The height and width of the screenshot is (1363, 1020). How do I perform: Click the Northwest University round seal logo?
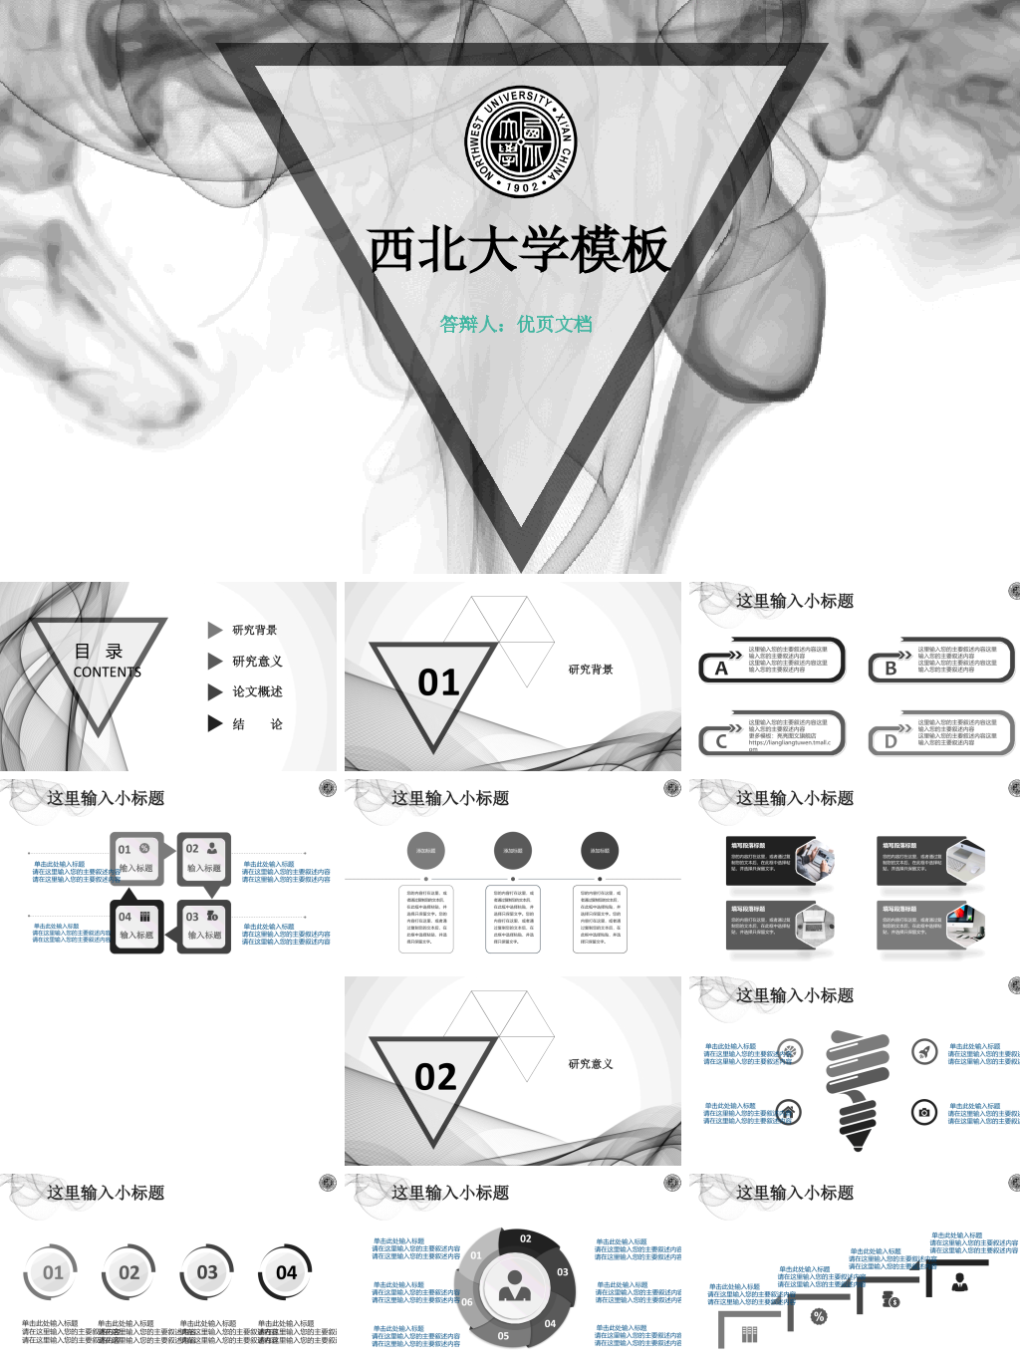(521, 140)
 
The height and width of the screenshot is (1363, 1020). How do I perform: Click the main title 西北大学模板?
(518, 249)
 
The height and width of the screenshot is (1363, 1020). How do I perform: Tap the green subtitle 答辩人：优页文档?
(516, 324)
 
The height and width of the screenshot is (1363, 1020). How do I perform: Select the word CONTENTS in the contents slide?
(107, 673)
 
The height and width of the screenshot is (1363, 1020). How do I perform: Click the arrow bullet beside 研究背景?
(214, 630)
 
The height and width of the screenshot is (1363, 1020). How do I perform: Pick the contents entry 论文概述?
(257, 691)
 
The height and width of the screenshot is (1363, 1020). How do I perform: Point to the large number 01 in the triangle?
(438, 682)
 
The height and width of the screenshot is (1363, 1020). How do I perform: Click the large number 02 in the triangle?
(435, 1077)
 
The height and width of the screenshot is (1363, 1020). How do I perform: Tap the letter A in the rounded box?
(721, 669)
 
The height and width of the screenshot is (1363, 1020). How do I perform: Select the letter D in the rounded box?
(891, 741)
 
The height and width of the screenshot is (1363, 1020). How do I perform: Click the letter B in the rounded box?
(891, 669)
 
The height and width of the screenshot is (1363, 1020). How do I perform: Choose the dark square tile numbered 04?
(136, 926)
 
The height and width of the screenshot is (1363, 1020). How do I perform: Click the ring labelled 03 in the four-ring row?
(207, 1272)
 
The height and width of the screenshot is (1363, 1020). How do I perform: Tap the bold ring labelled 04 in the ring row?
(286, 1272)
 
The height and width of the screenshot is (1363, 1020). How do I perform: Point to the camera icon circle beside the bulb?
(925, 1112)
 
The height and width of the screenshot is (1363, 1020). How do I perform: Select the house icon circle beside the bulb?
(788, 1112)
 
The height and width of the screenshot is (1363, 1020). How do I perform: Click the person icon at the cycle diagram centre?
(514, 1286)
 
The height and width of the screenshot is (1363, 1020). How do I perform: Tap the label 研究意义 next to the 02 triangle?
(591, 1064)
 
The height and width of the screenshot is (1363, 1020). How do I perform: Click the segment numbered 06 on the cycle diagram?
(467, 1301)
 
